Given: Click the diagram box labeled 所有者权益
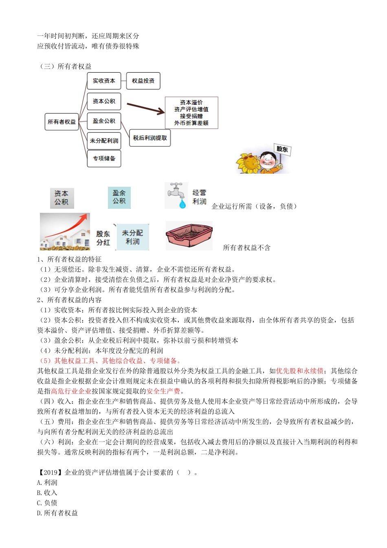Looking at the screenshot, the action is pos(62,122).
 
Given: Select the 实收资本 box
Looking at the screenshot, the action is pos(104,81).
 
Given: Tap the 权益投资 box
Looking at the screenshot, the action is pos(143,81).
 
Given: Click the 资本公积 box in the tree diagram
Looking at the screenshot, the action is pos(104,101).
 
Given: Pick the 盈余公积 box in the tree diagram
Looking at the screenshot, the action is pos(104,121).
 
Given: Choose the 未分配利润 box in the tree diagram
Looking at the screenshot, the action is pos(104,141).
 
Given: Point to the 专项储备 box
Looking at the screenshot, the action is pos(104,158).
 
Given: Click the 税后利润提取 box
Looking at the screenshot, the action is pos(150,138).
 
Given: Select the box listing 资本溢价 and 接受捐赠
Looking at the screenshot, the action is pos(191,113).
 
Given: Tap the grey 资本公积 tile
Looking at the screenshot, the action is pos(62,198).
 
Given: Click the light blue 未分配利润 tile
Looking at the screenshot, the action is pos(132,237).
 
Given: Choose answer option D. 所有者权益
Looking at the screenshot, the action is pos(57,513).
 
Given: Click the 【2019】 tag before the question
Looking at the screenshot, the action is pos(50,472).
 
